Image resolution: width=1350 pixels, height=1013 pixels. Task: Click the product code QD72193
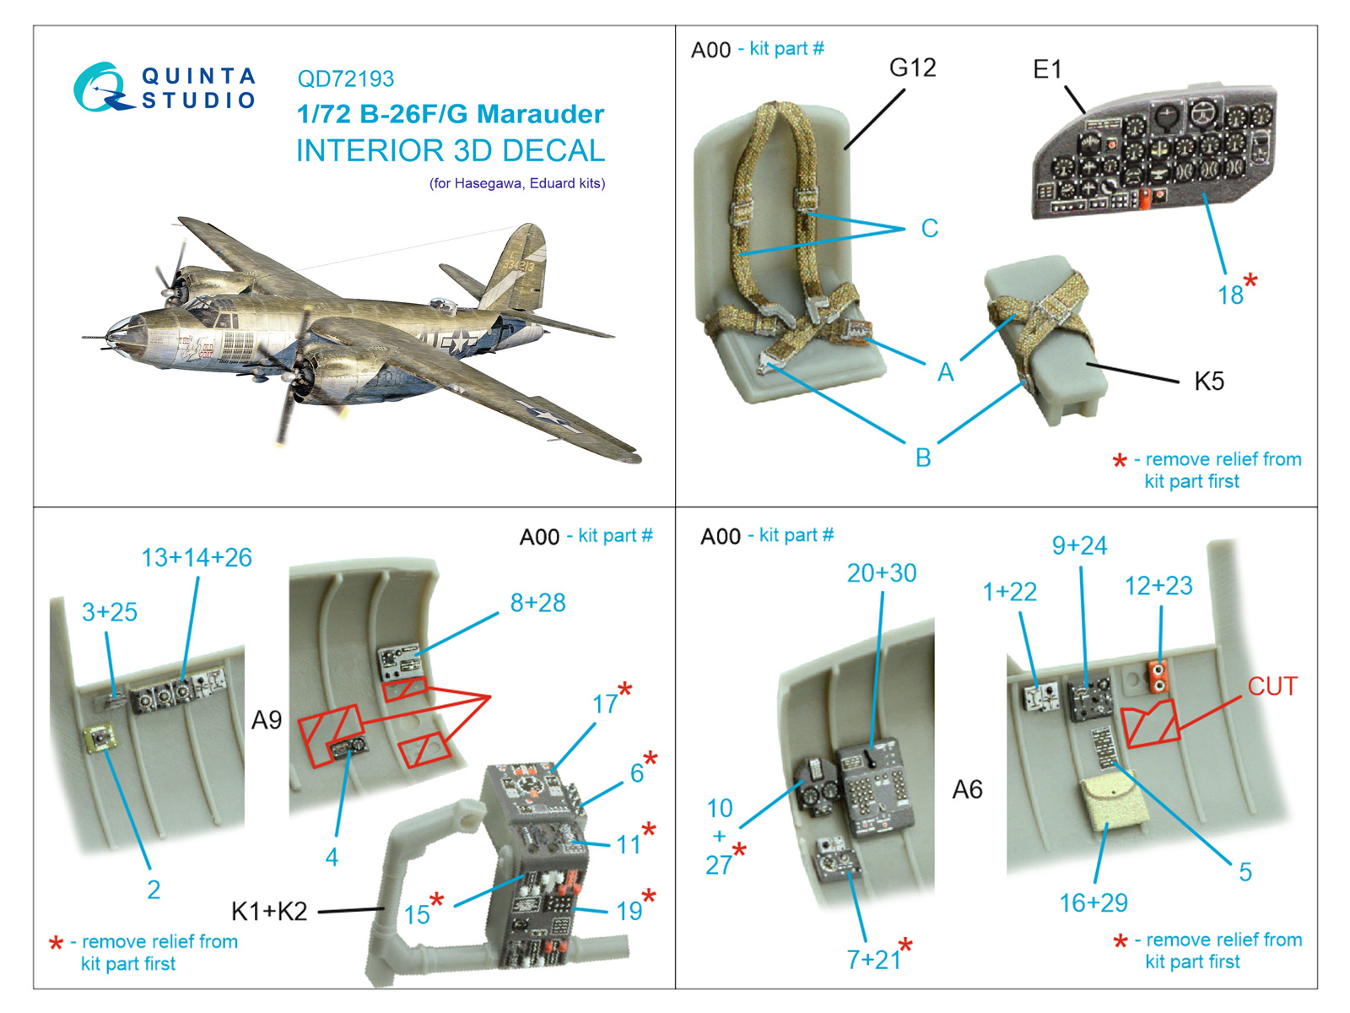coord(345,79)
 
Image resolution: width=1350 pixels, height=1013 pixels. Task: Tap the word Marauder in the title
coord(540,114)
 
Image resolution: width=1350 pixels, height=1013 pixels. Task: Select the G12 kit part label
coord(912,68)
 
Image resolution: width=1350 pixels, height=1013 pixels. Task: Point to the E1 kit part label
coord(1047,69)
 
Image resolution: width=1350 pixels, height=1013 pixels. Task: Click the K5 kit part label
coord(1208,382)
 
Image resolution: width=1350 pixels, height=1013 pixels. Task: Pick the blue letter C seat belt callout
coord(929,229)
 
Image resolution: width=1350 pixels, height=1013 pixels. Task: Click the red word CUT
coord(1272,686)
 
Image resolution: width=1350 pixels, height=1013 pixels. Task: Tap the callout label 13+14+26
coord(196,558)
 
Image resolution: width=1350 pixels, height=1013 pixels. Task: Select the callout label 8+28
coord(537,603)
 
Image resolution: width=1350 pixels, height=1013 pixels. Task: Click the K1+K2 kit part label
coord(269,912)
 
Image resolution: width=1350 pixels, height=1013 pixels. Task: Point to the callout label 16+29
coord(1093,903)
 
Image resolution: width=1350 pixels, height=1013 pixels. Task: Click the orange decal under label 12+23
coord(1158,676)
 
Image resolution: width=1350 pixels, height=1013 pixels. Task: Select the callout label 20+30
coord(881,573)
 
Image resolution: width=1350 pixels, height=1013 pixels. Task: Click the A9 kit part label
coord(267,720)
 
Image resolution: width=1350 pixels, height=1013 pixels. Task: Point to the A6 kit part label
coord(967,789)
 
